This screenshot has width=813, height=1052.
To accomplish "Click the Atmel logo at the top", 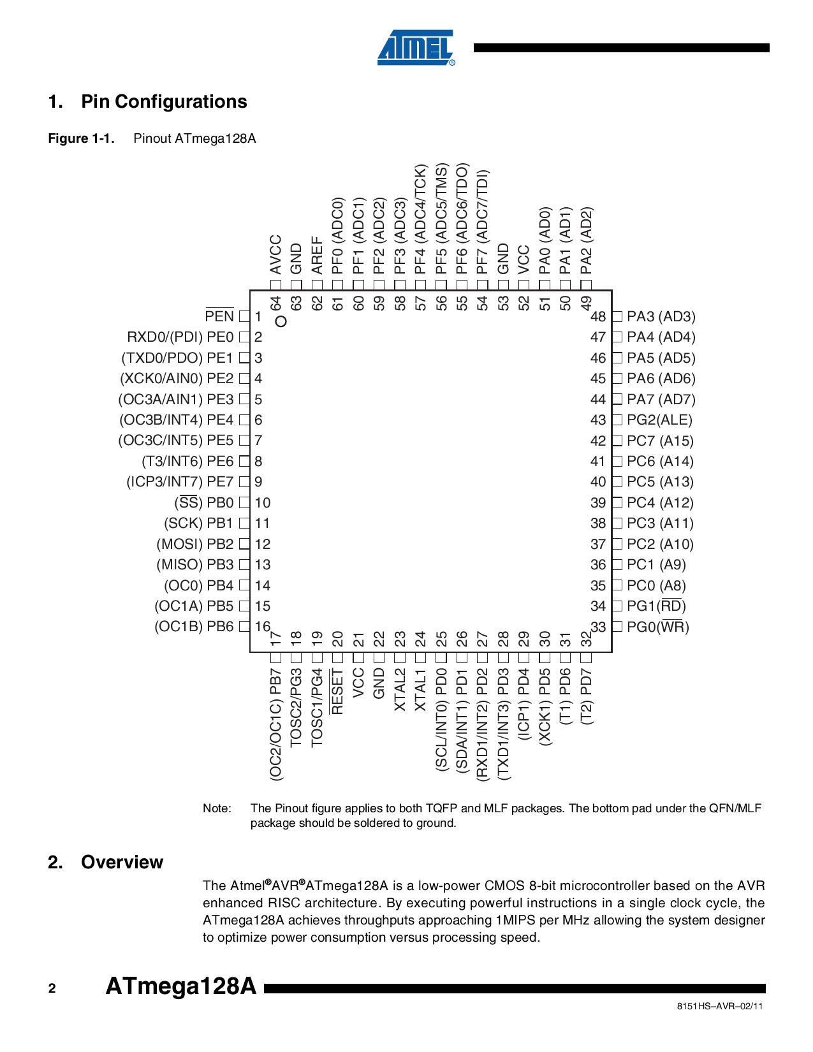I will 416,48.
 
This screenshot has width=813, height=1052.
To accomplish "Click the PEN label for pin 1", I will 219,316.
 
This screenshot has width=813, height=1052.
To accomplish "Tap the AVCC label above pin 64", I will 275,255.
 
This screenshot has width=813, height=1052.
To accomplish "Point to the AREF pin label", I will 317,255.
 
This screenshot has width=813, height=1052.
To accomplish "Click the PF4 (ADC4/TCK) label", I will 420,219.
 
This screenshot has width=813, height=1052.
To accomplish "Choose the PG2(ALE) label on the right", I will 659,420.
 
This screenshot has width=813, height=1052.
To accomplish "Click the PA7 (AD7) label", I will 661,399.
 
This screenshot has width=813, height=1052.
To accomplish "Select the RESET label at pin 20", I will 337,692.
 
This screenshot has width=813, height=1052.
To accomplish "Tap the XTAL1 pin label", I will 420,689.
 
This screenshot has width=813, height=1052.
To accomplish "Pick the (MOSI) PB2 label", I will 195,544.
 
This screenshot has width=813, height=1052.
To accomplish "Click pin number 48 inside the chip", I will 598,316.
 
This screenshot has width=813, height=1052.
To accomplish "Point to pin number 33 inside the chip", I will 598,627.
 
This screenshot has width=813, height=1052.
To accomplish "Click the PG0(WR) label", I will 657,627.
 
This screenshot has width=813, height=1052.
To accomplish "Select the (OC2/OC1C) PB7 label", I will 275,724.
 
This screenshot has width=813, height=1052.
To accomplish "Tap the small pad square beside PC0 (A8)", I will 617,585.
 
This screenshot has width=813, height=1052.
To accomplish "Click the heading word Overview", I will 122,862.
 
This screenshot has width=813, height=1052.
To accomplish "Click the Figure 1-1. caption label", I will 81,138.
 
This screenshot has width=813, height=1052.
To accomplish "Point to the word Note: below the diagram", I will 217,808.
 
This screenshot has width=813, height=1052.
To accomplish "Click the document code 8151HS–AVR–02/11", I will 719,1006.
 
